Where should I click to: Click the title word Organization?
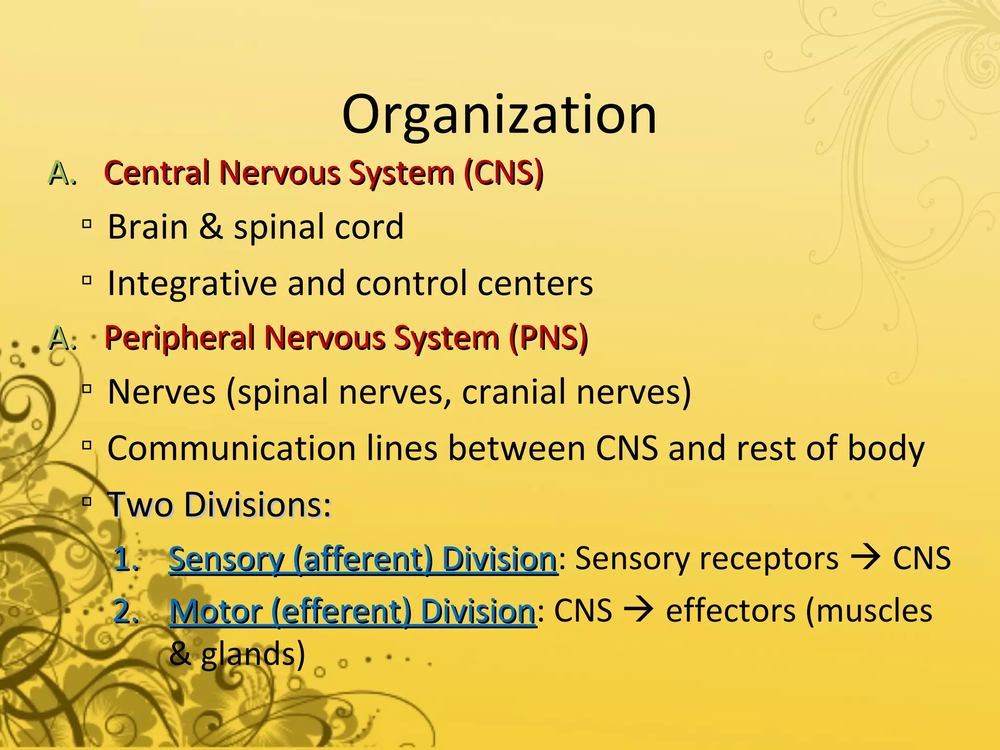(499, 115)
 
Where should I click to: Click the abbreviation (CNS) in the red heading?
(503, 173)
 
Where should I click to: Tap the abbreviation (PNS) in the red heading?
(548, 338)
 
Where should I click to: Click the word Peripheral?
(179, 338)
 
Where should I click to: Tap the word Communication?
(231, 448)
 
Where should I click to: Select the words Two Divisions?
(219, 504)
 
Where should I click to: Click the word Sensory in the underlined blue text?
(226, 559)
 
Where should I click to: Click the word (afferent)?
(363, 559)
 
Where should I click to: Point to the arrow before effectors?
(639, 610)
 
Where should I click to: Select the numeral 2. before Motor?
(125, 611)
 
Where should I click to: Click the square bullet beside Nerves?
(87, 390)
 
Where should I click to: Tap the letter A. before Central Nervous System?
(62, 174)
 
